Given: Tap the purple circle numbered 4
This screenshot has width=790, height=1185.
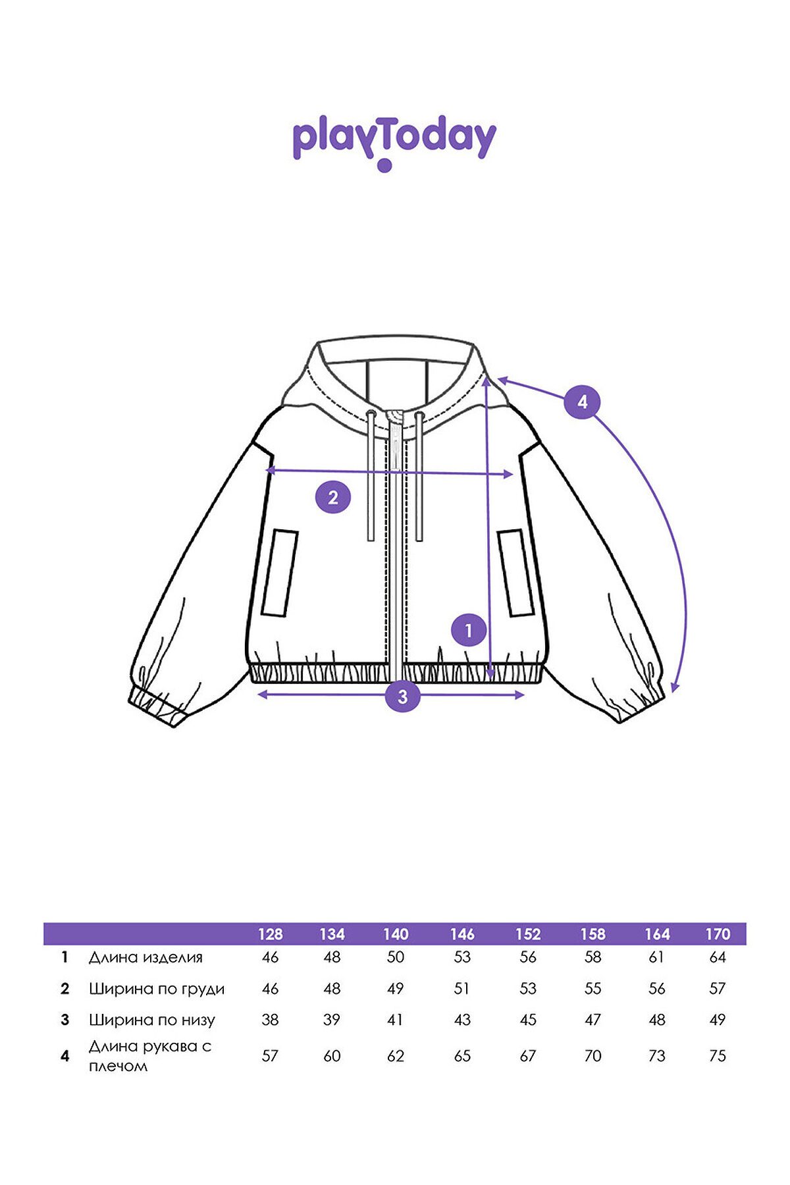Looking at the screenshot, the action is [x=582, y=401].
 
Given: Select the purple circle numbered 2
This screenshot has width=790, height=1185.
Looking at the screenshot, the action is [x=333, y=497].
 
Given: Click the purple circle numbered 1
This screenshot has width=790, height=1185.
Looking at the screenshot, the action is [x=469, y=631].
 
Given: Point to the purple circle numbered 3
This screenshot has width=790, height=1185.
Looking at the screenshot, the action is [x=403, y=696].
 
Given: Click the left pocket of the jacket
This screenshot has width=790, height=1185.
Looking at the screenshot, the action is [x=280, y=573].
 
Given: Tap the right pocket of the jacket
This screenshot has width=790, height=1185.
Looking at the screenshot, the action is [x=515, y=573].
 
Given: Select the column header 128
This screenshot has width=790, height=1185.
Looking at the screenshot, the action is [x=270, y=934].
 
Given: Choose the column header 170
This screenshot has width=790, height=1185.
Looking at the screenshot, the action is [x=718, y=934].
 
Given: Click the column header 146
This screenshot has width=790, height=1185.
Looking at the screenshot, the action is [x=462, y=934].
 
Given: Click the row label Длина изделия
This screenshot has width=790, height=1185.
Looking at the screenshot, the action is [x=145, y=957].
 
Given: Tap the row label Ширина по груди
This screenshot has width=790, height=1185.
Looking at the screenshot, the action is [x=157, y=989].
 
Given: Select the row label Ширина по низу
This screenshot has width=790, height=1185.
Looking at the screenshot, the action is [x=152, y=1020].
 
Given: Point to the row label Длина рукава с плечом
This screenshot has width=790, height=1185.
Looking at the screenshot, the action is [x=150, y=1056].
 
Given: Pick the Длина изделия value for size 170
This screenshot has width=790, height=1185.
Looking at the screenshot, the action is [x=718, y=957].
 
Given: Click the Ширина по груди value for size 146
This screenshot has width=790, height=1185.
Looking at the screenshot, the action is [x=462, y=989].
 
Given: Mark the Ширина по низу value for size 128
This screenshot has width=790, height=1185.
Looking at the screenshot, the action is [x=270, y=1020].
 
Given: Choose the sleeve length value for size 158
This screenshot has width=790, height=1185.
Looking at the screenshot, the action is [x=592, y=1056].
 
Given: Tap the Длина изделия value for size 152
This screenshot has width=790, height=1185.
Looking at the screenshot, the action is [x=528, y=957].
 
